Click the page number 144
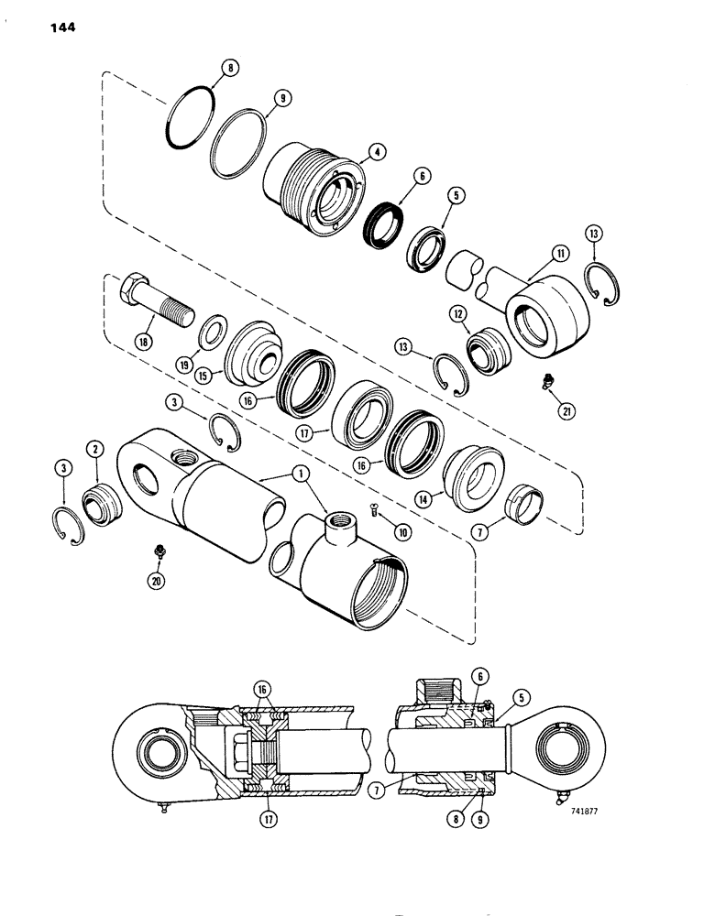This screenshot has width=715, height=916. (58, 27)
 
